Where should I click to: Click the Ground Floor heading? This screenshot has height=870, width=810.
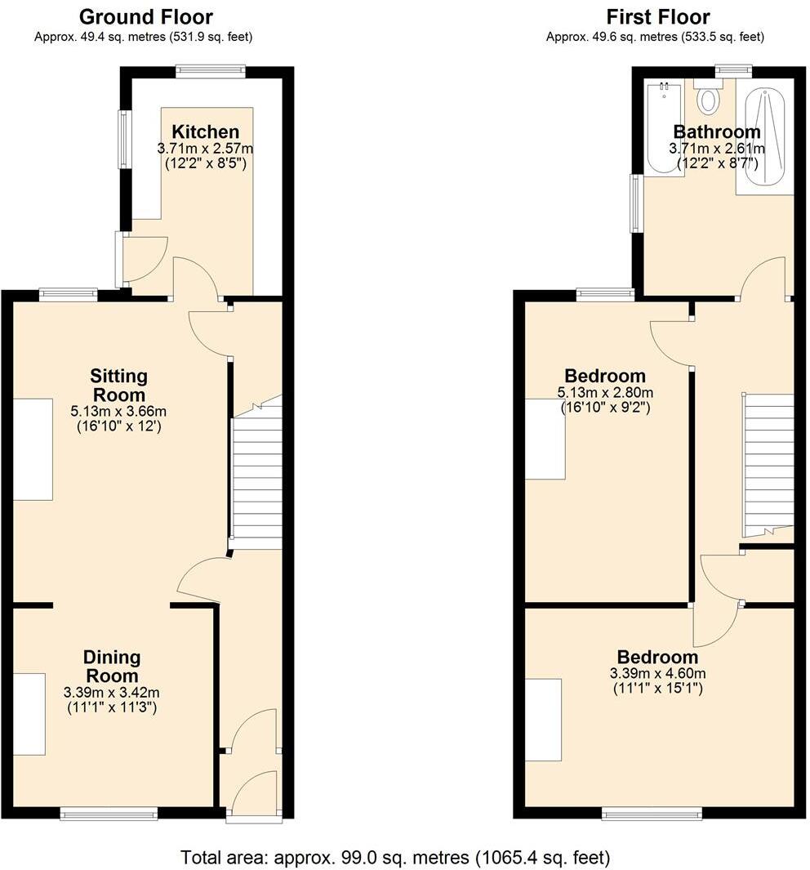click(146, 17)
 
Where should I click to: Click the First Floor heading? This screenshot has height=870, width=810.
click(657, 17)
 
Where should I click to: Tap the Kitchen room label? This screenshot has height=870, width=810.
click(205, 132)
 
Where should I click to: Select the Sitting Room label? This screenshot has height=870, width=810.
click(118, 386)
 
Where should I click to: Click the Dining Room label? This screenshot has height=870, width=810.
click(112, 667)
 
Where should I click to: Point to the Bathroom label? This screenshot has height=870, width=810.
click(716, 132)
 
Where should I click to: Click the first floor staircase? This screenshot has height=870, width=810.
click(768, 462)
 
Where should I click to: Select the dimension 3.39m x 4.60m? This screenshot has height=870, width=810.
click(657, 674)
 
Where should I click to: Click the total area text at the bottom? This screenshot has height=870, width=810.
click(395, 858)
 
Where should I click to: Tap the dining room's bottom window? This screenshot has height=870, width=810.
click(109, 813)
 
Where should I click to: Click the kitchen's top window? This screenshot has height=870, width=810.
click(211, 72)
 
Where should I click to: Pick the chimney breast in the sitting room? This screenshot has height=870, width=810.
click(33, 449)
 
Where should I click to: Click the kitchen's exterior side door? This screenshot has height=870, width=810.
click(121, 259)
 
